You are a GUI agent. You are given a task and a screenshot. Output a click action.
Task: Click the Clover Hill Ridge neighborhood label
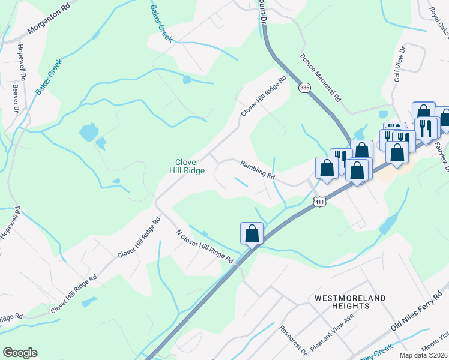(x=190, y=166)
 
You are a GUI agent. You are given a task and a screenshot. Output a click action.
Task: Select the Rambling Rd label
(x=258, y=170)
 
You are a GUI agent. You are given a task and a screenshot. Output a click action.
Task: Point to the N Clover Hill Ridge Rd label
(x=205, y=247)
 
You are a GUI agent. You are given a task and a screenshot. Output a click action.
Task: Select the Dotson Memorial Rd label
(x=321, y=79)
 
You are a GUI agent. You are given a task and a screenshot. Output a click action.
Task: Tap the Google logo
(x=20, y=353)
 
